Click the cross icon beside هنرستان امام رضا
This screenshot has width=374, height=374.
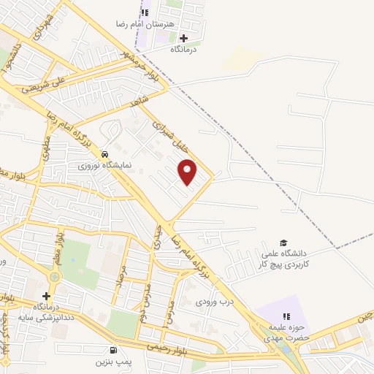(x=183, y=38)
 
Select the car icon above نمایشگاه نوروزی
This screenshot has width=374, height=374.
(x=107, y=155)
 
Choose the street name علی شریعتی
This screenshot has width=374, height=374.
(x=45, y=85)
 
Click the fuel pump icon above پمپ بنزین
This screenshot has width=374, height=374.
(x=112, y=350)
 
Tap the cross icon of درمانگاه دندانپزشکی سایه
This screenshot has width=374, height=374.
(x=47, y=297)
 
